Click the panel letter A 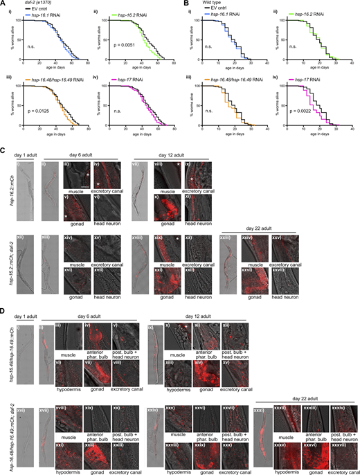[x=3, y=3]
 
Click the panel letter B [x=184, y=3]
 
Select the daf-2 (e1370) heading [x=26, y=4]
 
